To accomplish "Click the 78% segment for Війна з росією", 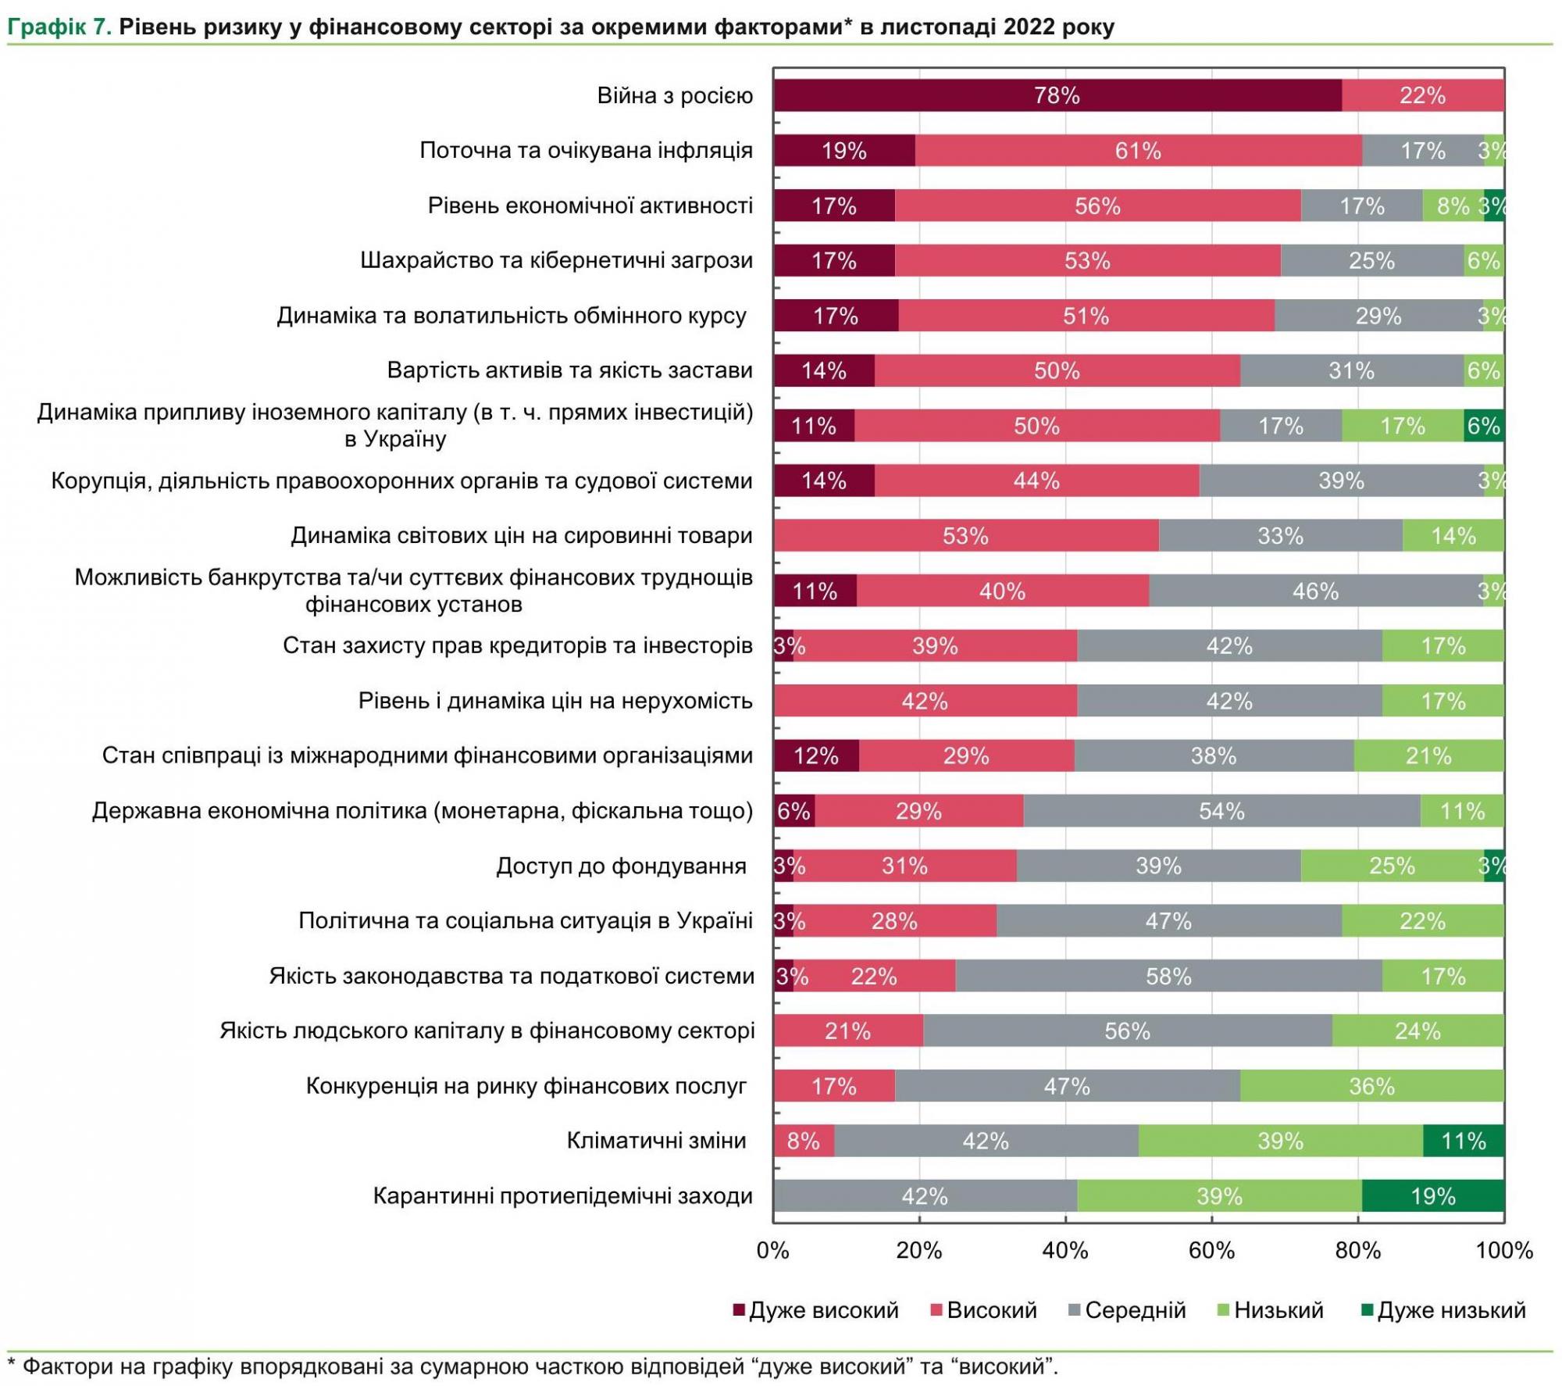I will click(x=1057, y=95).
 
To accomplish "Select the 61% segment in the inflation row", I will click(x=1138, y=151).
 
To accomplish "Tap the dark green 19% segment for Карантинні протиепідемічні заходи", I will click(x=1432, y=1196).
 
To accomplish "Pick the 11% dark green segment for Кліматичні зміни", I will click(x=1463, y=1141).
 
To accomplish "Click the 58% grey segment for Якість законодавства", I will click(x=1168, y=977).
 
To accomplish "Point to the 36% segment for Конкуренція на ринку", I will click(x=1371, y=1087).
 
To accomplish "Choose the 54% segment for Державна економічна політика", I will click(x=1221, y=812).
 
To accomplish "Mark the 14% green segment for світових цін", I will click(x=1453, y=536).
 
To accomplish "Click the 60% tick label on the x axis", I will click(x=1211, y=1251).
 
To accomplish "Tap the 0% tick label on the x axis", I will click(x=773, y=1251).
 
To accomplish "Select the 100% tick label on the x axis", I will click(x=1503, y=1251).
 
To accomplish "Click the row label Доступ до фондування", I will click(x=621, y=866).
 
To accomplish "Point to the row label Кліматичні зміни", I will click(x=656, y=1141).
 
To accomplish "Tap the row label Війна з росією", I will click(x=675, y=95).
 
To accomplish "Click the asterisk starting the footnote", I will click(x=12, y=1364).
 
